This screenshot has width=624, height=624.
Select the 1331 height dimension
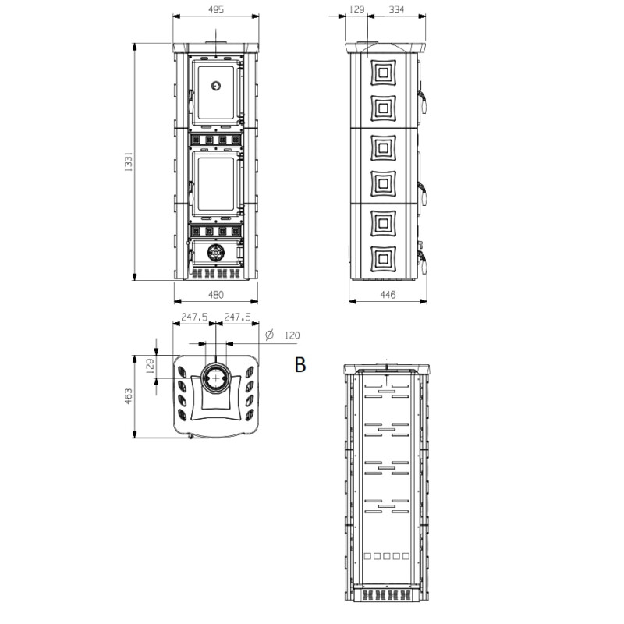click(129, 161)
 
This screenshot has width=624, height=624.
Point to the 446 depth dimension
click(387, 295)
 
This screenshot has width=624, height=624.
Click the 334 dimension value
click(397, 9)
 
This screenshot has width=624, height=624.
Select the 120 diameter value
click(292, 335)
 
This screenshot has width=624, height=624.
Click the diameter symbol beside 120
click(269, 335)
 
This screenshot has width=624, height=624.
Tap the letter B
click(300, 363)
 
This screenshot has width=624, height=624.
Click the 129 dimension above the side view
click(357, 9)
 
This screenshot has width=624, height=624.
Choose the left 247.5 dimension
click(193, 317)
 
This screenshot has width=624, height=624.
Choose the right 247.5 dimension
click(236, 317)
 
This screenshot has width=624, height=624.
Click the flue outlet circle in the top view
click(214, 380)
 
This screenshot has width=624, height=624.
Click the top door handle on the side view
click(425, 97)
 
